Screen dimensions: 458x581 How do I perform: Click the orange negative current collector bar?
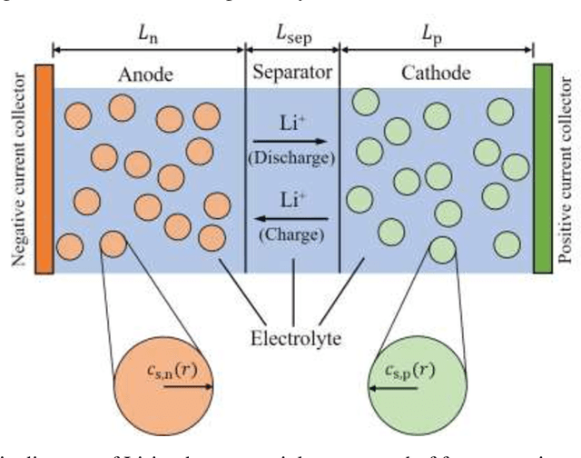pyautogui.click(x=43, y=168)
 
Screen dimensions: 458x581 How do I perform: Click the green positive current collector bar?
pyautogui.click(x=543, y=168)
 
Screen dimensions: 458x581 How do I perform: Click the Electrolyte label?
pyautogui.click(x=293, y=339)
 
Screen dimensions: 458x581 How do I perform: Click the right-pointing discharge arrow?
pyautogui.click(x=292, y=141)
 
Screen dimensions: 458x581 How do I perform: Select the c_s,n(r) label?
pyautogui.click(x=163, y=370)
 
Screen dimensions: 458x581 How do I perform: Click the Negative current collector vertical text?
pyautogui.click(x=16, y=169)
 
